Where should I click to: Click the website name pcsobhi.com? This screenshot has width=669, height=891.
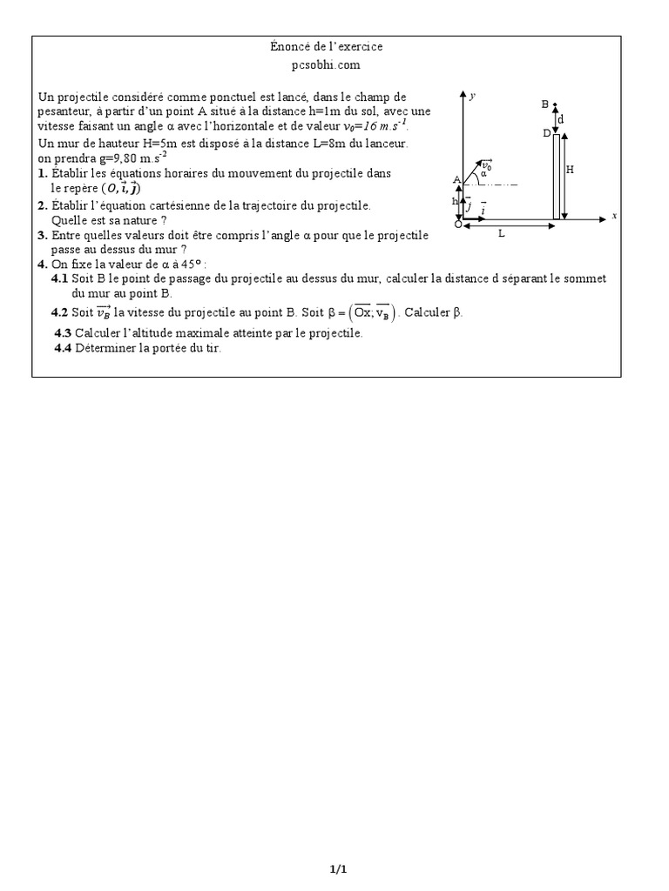click(326, 64)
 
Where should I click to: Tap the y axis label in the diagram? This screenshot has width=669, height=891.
click(472, 95)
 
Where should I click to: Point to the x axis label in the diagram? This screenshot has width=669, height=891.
click(614, 215)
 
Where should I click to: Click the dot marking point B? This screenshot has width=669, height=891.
click(555, 104)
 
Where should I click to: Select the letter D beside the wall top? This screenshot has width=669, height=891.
click(546, 133)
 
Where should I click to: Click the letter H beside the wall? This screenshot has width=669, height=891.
click(571, 171)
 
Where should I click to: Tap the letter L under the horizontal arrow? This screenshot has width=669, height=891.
click(502, 234)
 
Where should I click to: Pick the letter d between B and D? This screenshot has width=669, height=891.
click(560, 118)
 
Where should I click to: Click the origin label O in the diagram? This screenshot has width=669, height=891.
click(458, 225)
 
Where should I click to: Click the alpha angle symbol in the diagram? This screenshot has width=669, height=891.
click(483, 174)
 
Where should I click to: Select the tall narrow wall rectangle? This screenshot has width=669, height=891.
click(556, 177)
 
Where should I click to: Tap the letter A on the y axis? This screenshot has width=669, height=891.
click(456, 180)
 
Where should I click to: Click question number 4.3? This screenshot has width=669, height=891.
click(63, 333)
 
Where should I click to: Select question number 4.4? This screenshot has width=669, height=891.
click(63, 348)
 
